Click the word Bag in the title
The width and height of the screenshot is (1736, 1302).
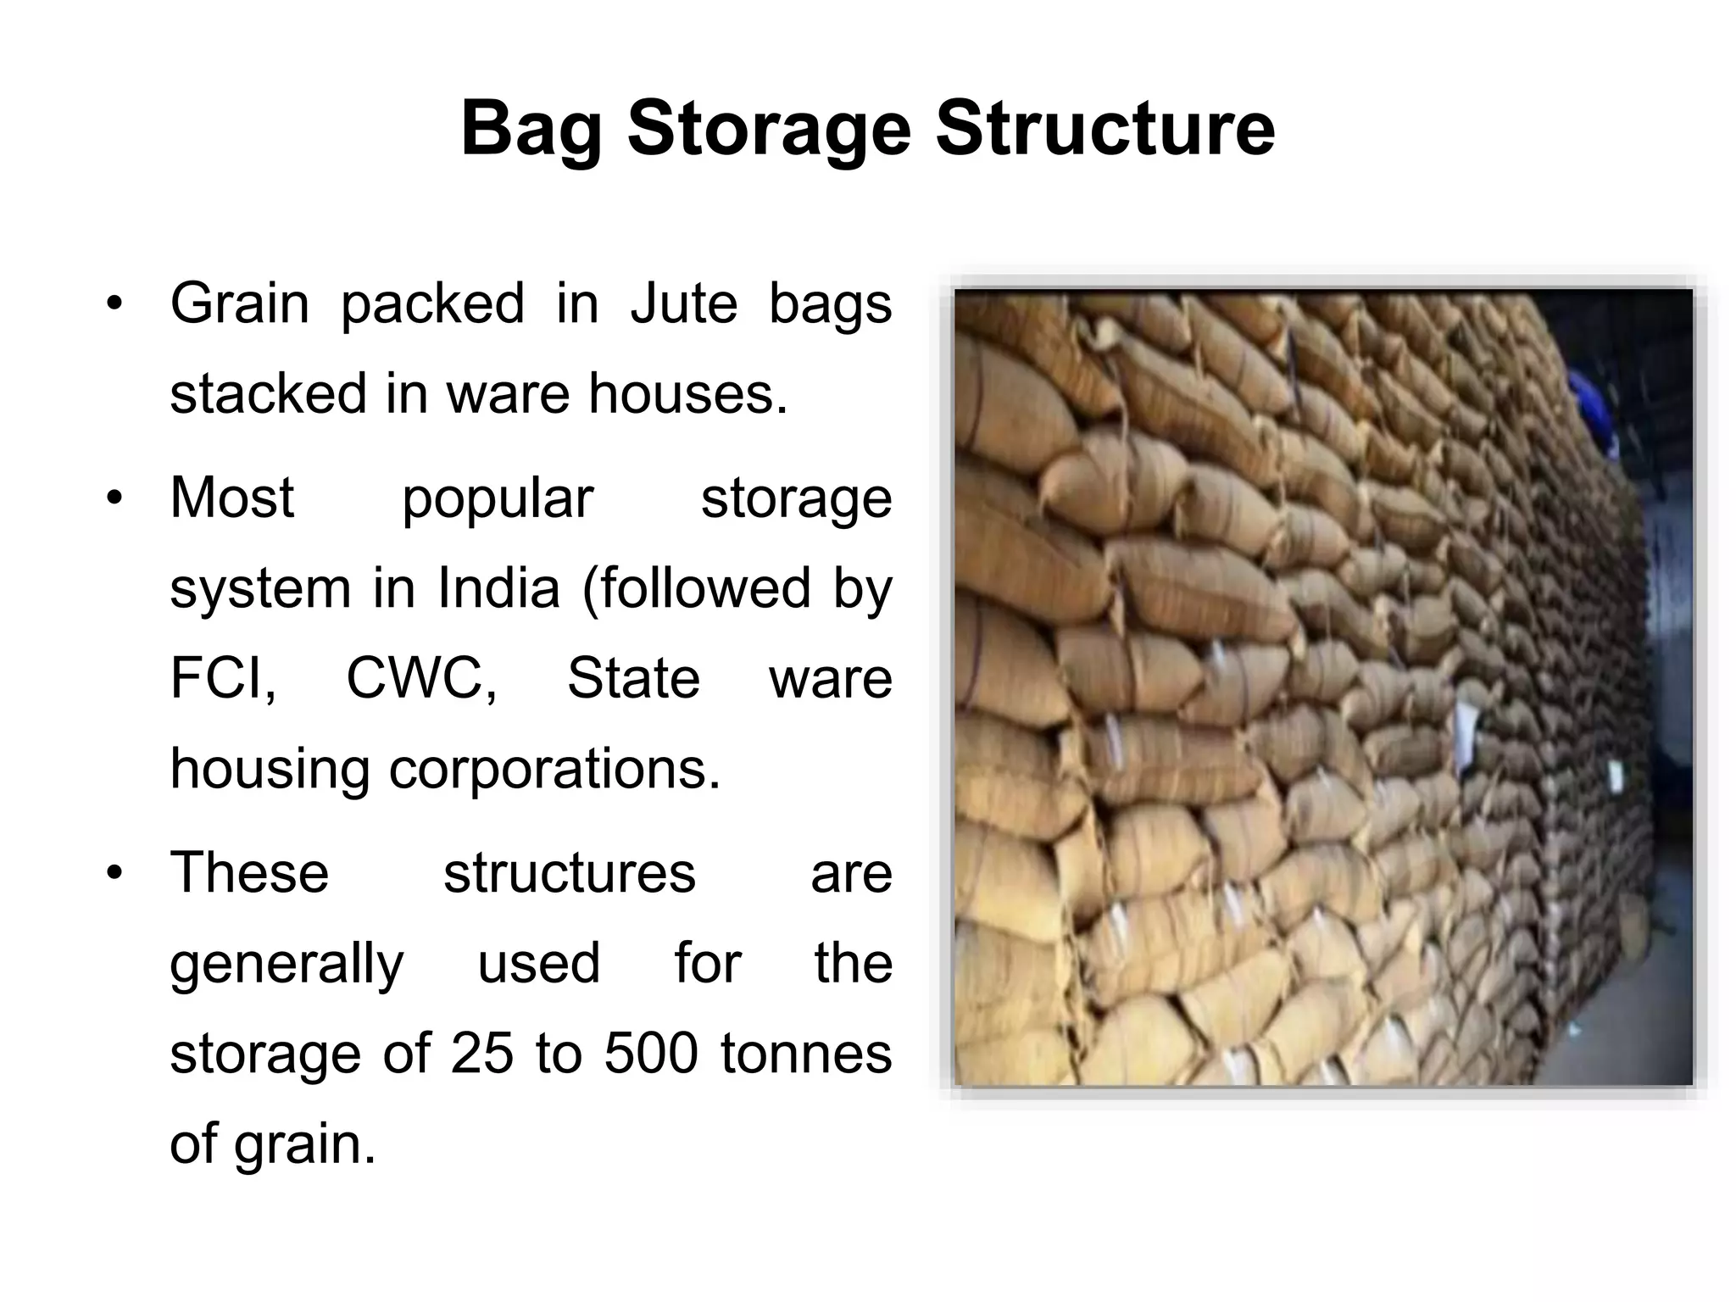pos(531,130)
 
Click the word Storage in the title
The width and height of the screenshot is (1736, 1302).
pos(769,130)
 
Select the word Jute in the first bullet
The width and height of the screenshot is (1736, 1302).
pos(684,303)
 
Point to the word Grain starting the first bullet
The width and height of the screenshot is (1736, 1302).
pos(240,303)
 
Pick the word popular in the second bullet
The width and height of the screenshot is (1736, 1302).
pos(498,498)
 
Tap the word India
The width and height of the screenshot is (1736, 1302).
pos(498,587)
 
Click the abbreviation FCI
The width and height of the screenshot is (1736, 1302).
pos(222,678)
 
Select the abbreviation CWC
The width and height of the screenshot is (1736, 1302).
pos(421,678)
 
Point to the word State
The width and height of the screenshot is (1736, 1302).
pos(633,678)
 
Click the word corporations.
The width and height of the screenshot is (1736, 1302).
pos(554,769)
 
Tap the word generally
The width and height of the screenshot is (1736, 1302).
pos(287,964)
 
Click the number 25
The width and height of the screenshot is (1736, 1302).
pos(482,1054)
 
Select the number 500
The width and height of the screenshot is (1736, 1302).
pos(651,1054)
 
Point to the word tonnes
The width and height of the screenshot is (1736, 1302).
pos(806,1054)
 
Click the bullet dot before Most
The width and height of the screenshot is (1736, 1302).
pos(115,498)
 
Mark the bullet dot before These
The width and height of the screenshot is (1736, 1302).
pos(115,873)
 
